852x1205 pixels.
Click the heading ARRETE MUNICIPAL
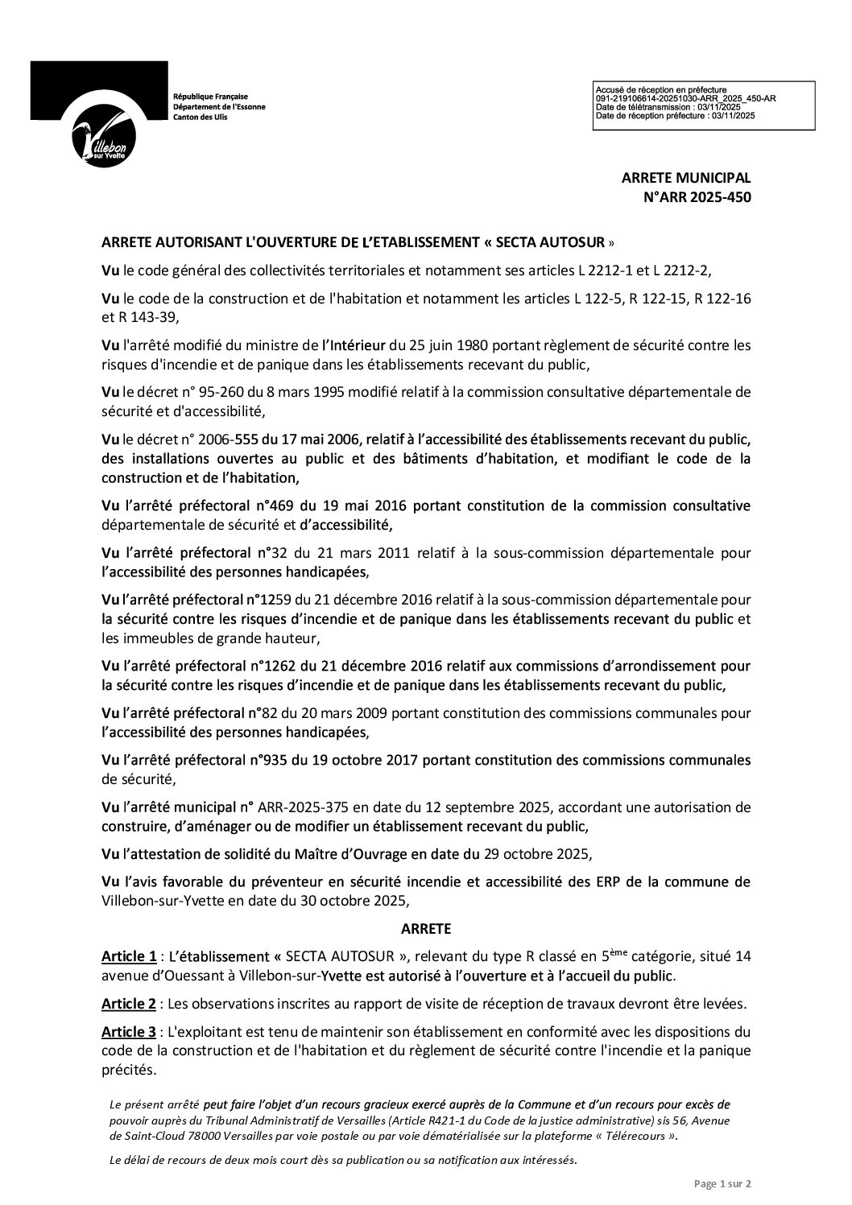tap(685, 178)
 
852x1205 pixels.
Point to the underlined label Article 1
tap(129, 956)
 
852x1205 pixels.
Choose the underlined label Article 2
tap(129, 1004)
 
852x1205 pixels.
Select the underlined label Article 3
tap(129, 1031)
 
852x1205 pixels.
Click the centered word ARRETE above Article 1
tap(426, 928)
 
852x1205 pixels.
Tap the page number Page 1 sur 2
tap(722, 1184)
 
